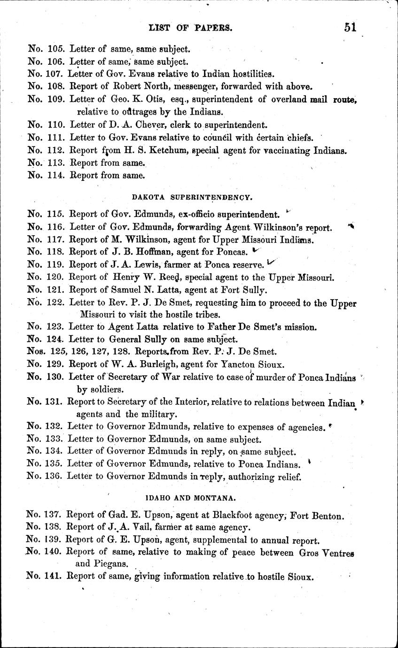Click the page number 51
click(350, 27)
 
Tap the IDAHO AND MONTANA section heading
click(187, 496)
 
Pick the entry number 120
click(56, 278)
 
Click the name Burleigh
click(152, 364)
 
